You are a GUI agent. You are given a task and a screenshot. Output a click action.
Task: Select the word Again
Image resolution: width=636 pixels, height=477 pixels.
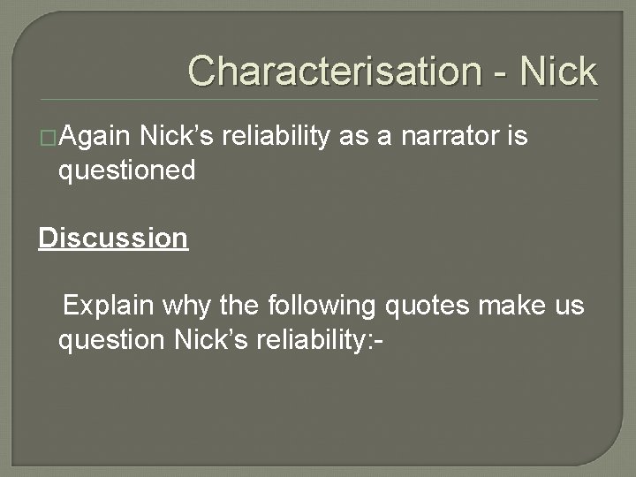coord(95,137)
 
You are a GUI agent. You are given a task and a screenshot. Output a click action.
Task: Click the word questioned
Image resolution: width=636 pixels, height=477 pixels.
coord(126,170)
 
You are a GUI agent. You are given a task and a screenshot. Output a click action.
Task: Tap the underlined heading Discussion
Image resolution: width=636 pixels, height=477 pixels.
coord(113,238)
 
